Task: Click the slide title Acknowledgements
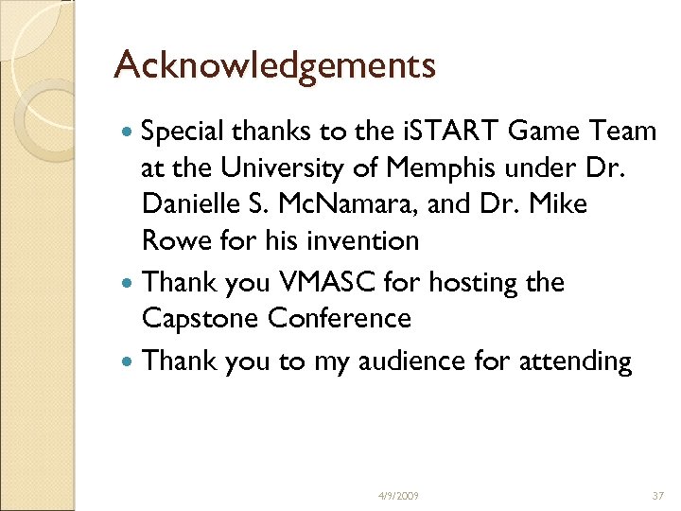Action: (x=274, y=66)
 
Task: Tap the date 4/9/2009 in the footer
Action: (x=398, y=495)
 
